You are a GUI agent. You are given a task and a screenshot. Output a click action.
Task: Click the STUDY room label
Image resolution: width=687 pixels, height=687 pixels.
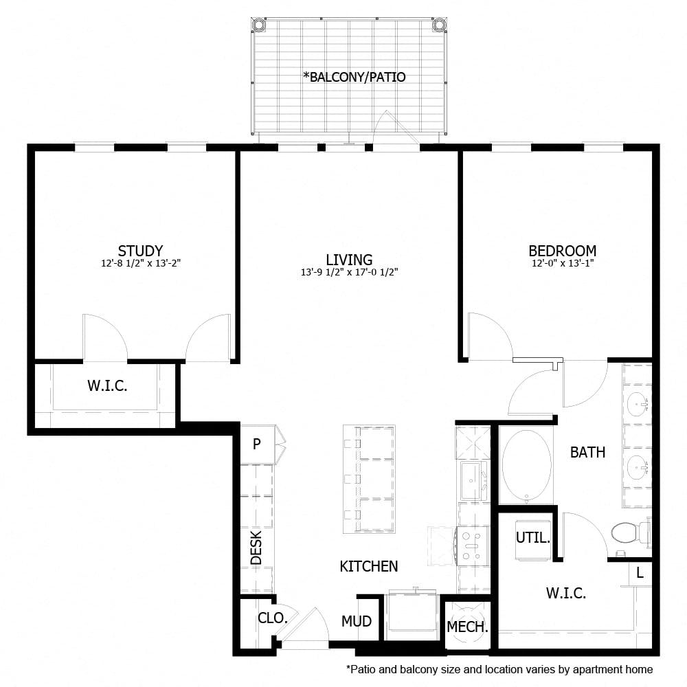[140, 251]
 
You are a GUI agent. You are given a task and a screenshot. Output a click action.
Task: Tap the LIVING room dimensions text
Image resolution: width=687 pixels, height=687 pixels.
[349, 272]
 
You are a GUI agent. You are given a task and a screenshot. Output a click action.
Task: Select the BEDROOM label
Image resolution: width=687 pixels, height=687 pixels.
[562, 251]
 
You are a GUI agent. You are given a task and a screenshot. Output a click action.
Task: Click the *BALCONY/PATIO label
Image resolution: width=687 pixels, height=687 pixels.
[354, 77]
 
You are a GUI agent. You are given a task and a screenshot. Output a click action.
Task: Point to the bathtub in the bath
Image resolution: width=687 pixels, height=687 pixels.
[526, 464]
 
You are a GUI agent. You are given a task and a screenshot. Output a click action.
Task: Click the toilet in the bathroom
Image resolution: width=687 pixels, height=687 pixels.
[627, 532]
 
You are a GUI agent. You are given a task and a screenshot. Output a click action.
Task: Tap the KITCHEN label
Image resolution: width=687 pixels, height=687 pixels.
[369, 566]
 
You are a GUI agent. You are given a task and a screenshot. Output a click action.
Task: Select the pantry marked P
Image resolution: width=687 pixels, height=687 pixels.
[256, 444]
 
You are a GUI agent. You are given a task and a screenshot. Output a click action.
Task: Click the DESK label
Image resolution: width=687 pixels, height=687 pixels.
[256, 550]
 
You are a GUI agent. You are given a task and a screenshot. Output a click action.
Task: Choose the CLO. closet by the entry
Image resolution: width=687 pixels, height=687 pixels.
[272, 618]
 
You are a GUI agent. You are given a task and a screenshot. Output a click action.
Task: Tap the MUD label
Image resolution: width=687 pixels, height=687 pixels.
[357, 622]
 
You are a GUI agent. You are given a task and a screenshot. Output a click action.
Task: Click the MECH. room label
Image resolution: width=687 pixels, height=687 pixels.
[467, 627]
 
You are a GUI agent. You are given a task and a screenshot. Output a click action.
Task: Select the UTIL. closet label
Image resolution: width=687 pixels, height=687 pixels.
[533, 538]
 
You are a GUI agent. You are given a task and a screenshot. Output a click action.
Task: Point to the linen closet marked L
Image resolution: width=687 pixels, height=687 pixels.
[640, 572]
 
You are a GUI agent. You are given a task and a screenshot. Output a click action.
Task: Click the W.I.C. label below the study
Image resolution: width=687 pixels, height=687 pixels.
[107, 386]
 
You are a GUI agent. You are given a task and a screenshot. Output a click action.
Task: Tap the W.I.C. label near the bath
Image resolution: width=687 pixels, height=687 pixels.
[566, 594]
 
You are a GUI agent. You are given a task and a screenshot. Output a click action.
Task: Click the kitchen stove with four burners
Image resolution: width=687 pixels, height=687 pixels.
[473, 545]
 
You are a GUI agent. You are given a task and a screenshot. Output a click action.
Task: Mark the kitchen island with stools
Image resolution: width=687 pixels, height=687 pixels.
[370, 479]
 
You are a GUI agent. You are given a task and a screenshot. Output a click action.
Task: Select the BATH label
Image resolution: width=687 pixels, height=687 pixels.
[587, 452]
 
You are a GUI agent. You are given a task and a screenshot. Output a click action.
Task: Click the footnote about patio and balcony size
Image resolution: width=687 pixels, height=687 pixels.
[499, 669]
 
